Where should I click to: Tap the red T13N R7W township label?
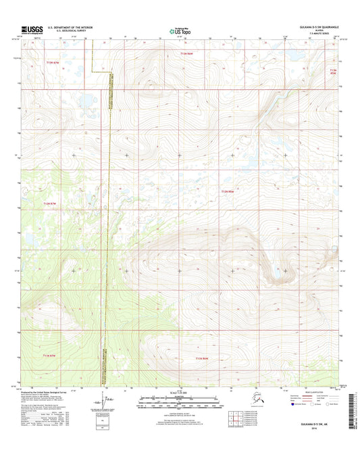tap(53, 63)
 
